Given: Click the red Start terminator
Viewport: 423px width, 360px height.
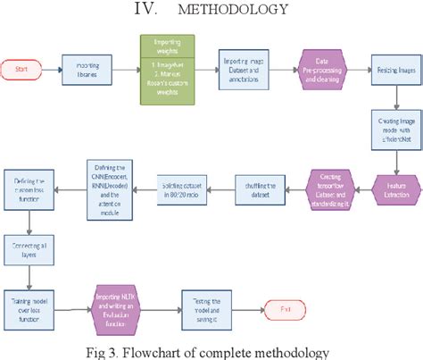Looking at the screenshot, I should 22,68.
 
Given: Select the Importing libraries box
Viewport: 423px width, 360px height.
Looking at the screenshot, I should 87,68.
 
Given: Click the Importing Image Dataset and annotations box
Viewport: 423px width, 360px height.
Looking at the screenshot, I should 245,68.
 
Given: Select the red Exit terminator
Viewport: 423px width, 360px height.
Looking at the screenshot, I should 286,308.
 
